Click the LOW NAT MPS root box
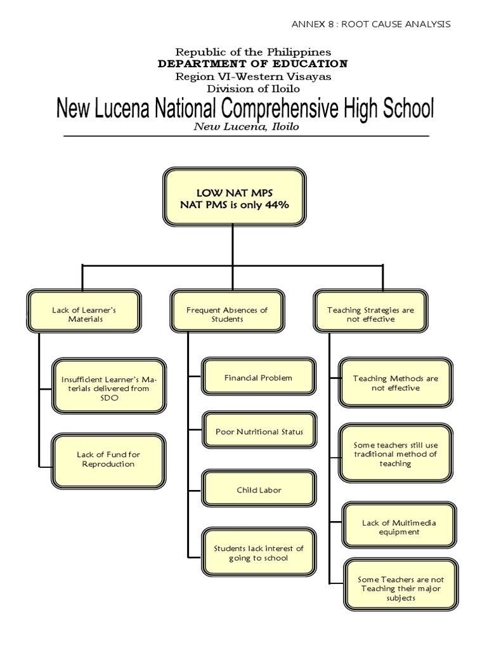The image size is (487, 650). (235, 197)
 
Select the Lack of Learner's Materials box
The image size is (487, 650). (84, 311)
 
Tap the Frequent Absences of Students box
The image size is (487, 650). (228, 311)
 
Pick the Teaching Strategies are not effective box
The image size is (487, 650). (370, 311)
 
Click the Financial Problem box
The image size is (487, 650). (259, 377)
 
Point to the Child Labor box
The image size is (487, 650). (259, 488)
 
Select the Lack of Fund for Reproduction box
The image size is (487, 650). (108, 461)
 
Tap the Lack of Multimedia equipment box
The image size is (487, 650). (399, 525)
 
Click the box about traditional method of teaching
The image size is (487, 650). (396, 453)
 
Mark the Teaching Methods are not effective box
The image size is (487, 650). (396, 383)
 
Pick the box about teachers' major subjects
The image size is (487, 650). (401, 585)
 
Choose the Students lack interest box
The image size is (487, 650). (259, 552)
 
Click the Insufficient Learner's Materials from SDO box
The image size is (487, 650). (109, 386)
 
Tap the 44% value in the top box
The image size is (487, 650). (278, 205)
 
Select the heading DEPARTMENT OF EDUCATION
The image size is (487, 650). (252, 64)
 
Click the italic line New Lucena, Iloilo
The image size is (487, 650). (247, 127)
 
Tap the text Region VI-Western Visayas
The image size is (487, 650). (253, 77)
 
